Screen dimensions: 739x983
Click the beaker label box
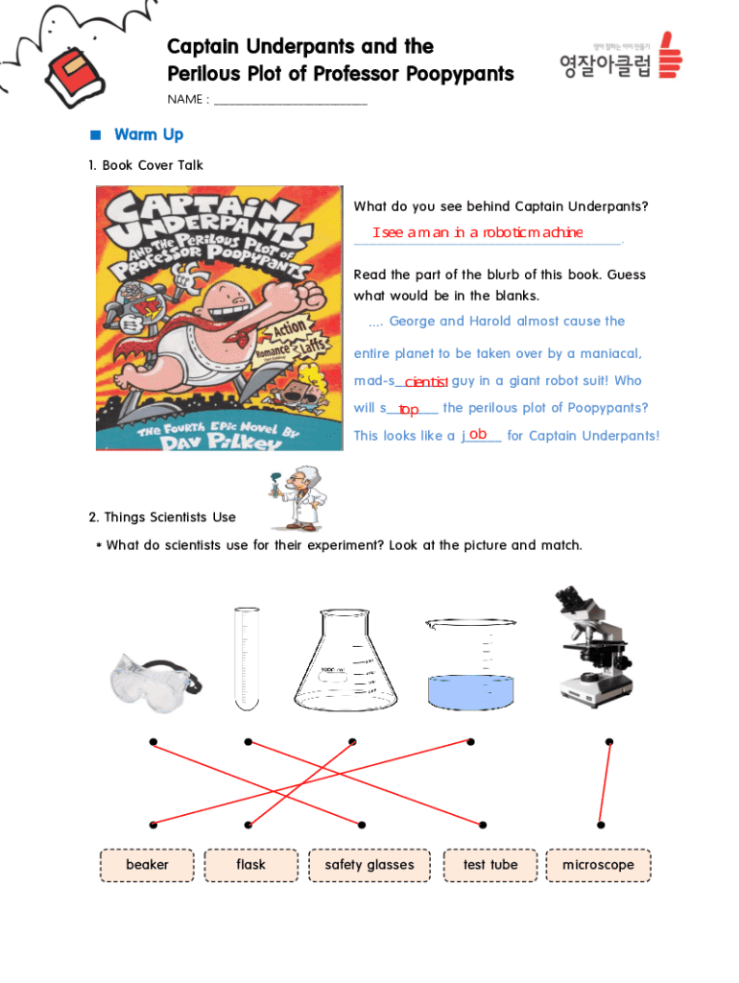(x=147, y=865)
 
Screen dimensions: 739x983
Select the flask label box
(x=250, y=865)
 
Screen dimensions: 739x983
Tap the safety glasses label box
(x=369, y=865)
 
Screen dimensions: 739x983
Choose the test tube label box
(x=490, y=865)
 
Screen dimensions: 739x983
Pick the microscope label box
(x=598, y=865)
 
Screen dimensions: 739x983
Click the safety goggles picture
(x=155, y=682)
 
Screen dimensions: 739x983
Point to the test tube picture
(x=247, y=659)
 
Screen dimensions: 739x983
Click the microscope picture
(x=592, y=646)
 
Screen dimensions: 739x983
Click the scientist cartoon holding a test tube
(x=298, y=498)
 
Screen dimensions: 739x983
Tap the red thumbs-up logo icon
(x=670, y=55)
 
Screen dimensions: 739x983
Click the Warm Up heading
(x=149, y=134)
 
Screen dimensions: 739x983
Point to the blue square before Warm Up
(x=96, y=134)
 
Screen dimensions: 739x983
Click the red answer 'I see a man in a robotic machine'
(x=478, y=232)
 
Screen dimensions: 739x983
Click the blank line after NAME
(x=290, y=104)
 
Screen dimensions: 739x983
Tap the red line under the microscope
(x=605, y=783)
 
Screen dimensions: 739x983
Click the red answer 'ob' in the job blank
(x=478, y=434)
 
